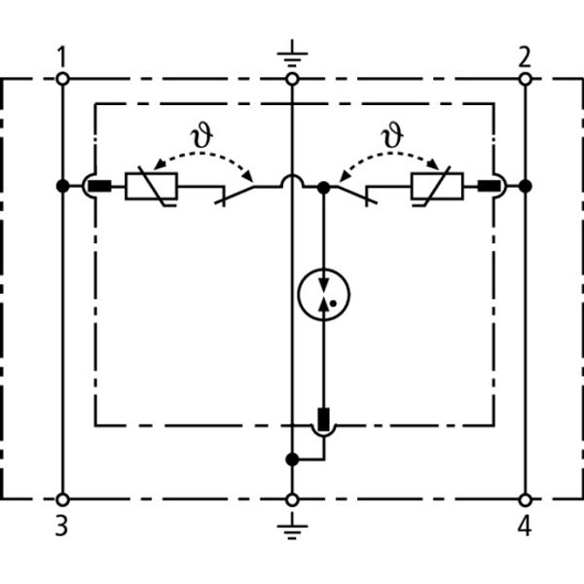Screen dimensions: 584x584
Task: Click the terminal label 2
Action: point(525,56)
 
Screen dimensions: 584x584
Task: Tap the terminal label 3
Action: point(61,527)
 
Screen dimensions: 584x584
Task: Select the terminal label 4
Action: point(525,527)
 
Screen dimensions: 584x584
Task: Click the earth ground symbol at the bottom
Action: point(292,529)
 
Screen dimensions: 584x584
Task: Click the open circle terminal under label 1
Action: point(62,80)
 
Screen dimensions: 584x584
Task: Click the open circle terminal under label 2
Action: point(525,80)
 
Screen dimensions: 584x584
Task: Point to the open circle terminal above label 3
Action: point(62,499)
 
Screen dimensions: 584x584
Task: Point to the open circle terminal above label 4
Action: point(525,499)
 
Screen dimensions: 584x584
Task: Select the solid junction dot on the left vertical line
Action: point(62,185)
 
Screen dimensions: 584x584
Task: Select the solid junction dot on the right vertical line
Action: point(525,185)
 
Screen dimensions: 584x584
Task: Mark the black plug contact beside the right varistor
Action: point(484,185)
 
